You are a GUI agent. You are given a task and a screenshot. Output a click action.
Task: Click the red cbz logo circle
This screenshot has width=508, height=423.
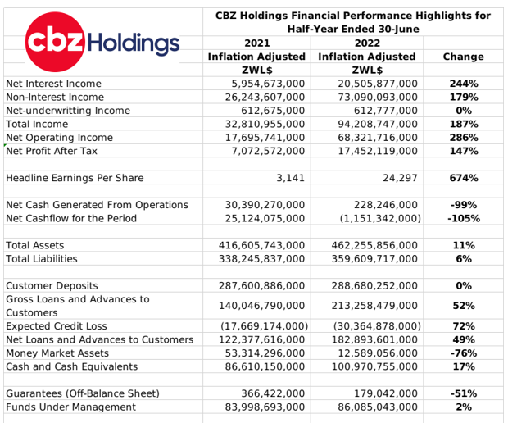coord(55,42)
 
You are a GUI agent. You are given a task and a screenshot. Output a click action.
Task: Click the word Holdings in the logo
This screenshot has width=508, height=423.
coord(134,43)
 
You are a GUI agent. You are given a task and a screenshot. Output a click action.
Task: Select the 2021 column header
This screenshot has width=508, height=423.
coord(257,43)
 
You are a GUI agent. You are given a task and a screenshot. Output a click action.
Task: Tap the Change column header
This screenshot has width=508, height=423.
coord(463,57)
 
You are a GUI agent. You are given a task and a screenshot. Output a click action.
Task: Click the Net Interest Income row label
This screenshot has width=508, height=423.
coord(54,84)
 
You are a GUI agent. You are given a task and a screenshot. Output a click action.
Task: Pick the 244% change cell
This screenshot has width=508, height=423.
coord(464,84)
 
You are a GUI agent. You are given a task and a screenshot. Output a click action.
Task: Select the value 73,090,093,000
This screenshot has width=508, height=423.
coord(378,98)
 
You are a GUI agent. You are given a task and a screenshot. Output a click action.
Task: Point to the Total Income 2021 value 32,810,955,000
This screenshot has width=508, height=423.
coord(265,124)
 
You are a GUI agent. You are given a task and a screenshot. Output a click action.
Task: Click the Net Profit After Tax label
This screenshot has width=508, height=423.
coord(52,151)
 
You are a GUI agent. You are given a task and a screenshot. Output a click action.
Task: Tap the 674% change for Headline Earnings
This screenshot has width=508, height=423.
coord(464,178)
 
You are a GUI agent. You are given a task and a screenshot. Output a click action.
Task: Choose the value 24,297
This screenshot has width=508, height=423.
coord(400,178)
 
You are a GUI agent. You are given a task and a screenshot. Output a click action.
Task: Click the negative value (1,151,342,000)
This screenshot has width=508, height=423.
coord(380,219)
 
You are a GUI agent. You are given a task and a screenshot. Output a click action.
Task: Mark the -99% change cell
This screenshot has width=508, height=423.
coord(464,205)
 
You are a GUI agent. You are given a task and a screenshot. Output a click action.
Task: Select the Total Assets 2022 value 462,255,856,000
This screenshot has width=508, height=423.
coord(374,245)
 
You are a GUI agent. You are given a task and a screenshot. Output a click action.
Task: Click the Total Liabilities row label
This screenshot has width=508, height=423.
coord(42,259)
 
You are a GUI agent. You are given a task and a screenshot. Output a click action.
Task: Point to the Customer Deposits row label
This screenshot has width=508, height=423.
coord(52,285)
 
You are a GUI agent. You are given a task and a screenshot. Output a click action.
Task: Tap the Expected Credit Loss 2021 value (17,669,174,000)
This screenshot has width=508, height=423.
coord(265,326)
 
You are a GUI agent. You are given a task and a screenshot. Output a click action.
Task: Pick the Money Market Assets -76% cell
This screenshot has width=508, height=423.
coord(464,353)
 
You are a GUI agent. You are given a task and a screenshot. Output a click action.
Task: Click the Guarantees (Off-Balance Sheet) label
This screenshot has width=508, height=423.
coord(83,393)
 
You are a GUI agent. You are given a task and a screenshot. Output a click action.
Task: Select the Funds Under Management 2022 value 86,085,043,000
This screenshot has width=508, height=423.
coord(378,407)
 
